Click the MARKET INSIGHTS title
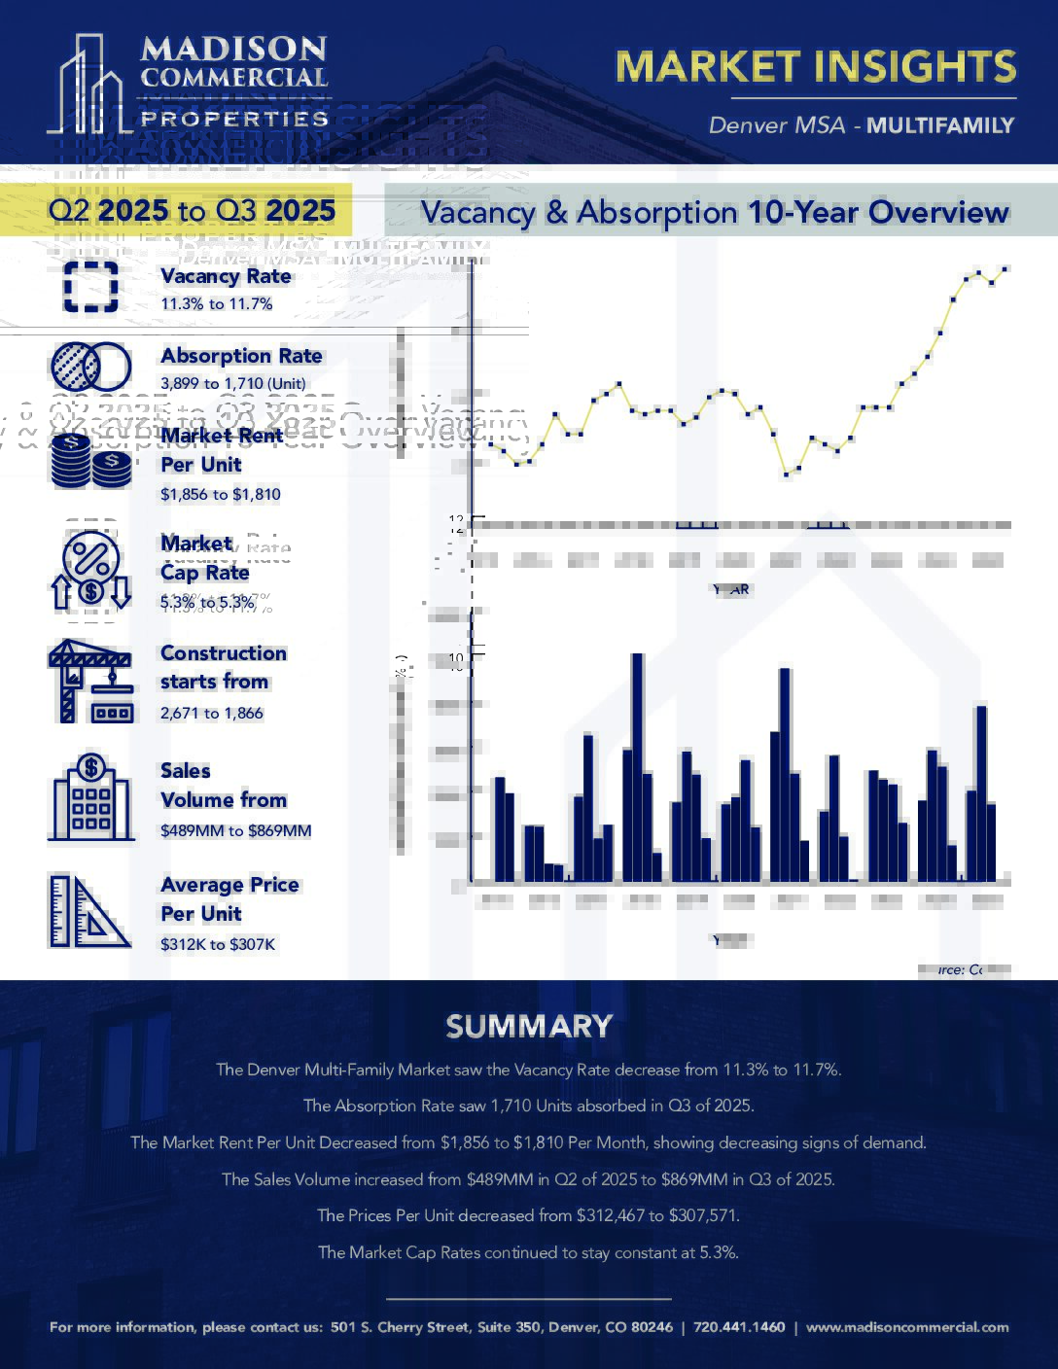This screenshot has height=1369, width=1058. point(815,66)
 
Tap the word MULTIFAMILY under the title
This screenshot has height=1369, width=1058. point(940,125)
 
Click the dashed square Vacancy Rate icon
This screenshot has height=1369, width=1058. point(90,287)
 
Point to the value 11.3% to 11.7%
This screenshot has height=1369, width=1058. point(216,304)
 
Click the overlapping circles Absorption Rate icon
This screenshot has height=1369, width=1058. point(90,367)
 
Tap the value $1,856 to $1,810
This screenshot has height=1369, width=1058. point(220,494)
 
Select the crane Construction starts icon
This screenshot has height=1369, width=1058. point(90,681)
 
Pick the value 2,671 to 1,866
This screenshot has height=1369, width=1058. point(211,713)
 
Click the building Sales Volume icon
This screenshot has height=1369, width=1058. point(90,799)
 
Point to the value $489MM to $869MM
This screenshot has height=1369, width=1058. point(235,830)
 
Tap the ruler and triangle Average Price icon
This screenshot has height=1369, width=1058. point(90,911)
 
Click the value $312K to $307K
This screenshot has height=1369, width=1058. point(217,944)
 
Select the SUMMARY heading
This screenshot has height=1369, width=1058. point(529,1026)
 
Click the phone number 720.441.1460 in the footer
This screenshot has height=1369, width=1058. point(739,1327)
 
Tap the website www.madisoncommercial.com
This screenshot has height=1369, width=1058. point(907,1327)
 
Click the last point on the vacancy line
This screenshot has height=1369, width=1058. point(1005,268)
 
